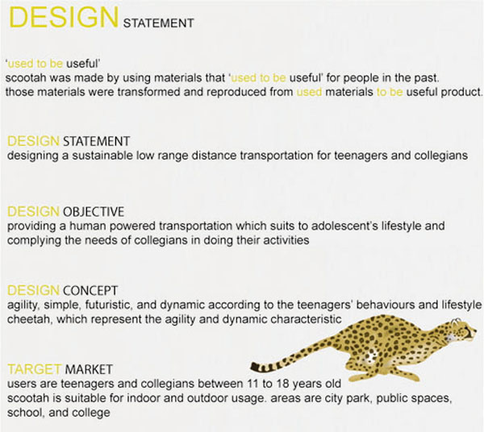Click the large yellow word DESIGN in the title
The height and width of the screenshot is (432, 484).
(65, 17)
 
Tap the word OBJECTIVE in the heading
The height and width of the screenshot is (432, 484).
(94, 212)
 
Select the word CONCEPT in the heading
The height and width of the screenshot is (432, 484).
(90, 290)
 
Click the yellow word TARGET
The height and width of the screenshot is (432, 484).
(34, 369)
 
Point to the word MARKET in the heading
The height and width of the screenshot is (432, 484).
(89, 369)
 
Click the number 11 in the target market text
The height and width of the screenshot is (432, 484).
(252, 384)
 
